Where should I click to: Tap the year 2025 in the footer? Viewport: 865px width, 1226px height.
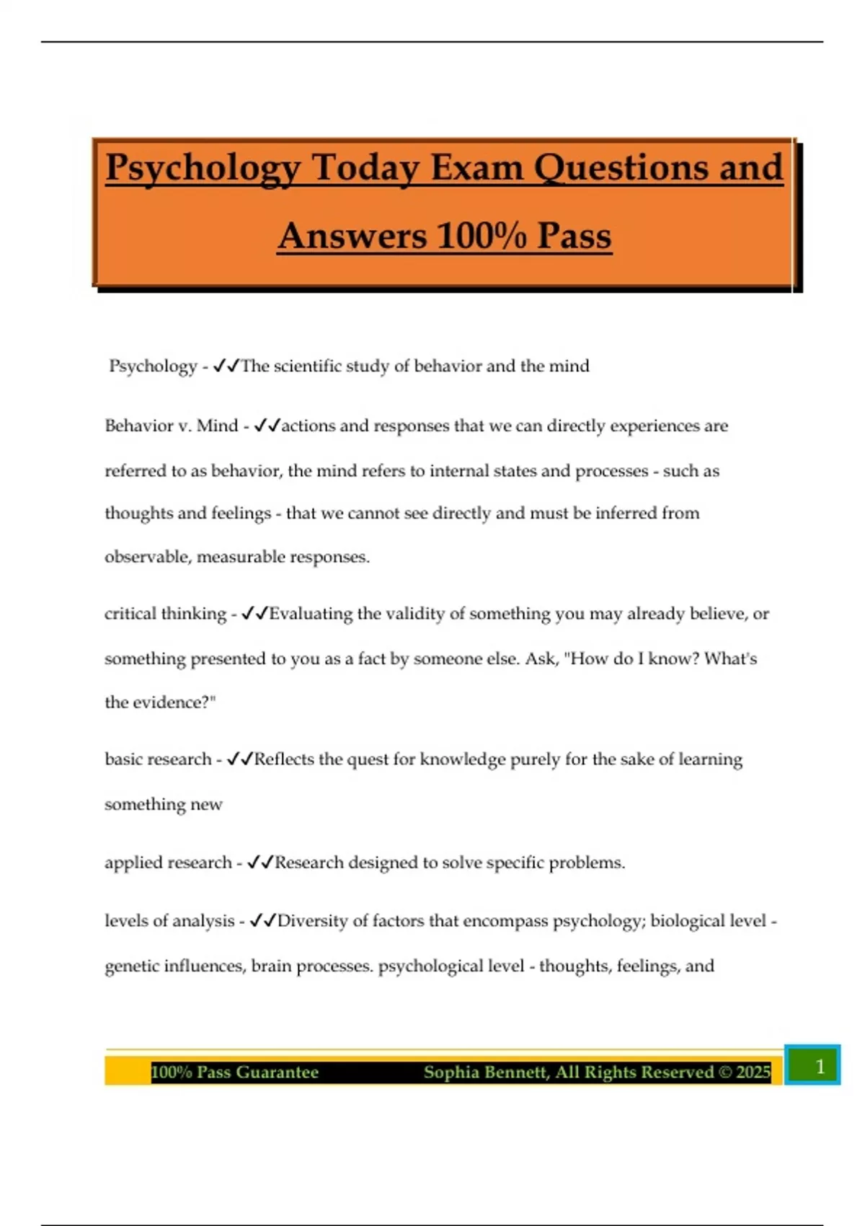click(x=753, y=1072)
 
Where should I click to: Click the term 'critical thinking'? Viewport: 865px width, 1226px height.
click(x=165, y=614)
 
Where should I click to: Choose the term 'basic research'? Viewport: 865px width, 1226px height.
click(x=158, y=759)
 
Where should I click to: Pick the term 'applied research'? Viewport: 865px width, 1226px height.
click(x=168, y=863)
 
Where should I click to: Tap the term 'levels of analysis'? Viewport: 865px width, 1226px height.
click(x=169, y=921)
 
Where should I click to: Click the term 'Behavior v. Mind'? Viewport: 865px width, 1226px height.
click(x=171, y=425)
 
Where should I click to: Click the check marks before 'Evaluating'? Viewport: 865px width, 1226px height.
click(x=254, y=614)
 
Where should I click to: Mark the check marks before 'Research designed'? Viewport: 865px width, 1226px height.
click(x=260, y=863)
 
